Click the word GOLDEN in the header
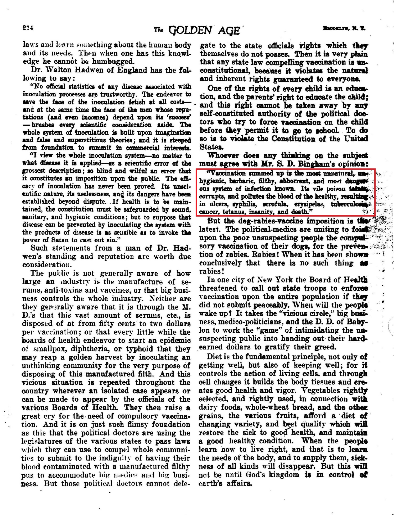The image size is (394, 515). coord(190,31)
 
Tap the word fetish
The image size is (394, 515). coord(138,102)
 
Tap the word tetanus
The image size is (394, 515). coord(234,212)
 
